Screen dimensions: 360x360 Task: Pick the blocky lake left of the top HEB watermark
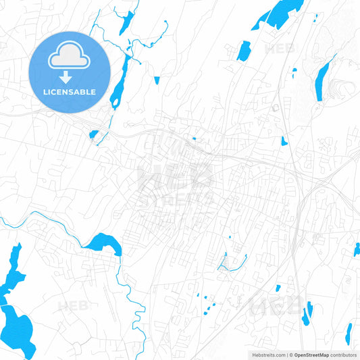point(243,51)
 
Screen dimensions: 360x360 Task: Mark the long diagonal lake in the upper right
point(323,76)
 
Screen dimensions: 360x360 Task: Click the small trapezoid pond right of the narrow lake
point(157,80)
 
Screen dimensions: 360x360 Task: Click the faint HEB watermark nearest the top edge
point(278,49)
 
